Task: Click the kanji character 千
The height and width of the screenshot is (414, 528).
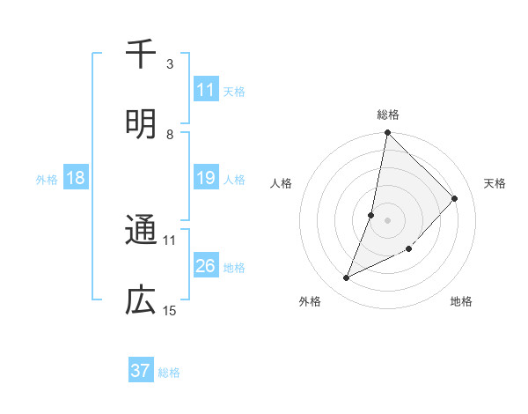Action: click(x=141, y=55)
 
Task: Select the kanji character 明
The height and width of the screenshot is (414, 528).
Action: click(x=141, y=123)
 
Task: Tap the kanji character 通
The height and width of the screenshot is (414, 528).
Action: click(x=141, y=231)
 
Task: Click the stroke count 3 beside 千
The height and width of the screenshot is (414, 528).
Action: click(x=170, y=63)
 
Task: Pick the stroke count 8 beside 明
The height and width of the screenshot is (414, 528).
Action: click(x=170, y=134)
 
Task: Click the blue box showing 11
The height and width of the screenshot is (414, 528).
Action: click(x=205, y=90)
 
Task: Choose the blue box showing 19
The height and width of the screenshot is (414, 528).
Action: click(x=205, y=178)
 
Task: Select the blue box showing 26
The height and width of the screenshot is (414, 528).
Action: click(x=205, y=266)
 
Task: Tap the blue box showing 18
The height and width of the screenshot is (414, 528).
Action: click(x=76, y=178)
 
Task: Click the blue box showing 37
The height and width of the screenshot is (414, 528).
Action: click(x=141, y=371)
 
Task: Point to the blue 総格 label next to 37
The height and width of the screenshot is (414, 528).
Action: click(x=169, y=372)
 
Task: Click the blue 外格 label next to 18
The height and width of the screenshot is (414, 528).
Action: click(x=47, y=179)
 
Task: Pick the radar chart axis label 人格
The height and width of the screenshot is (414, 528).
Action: click(x=282, y=183)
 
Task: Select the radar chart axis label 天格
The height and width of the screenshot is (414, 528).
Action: click(x=495, y=183)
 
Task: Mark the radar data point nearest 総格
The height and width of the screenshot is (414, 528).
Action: click(x=387, y=133)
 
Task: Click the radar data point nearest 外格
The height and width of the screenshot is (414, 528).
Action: click(x=347, y=278)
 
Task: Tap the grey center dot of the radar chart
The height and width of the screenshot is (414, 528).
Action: click(x=387, y=220)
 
